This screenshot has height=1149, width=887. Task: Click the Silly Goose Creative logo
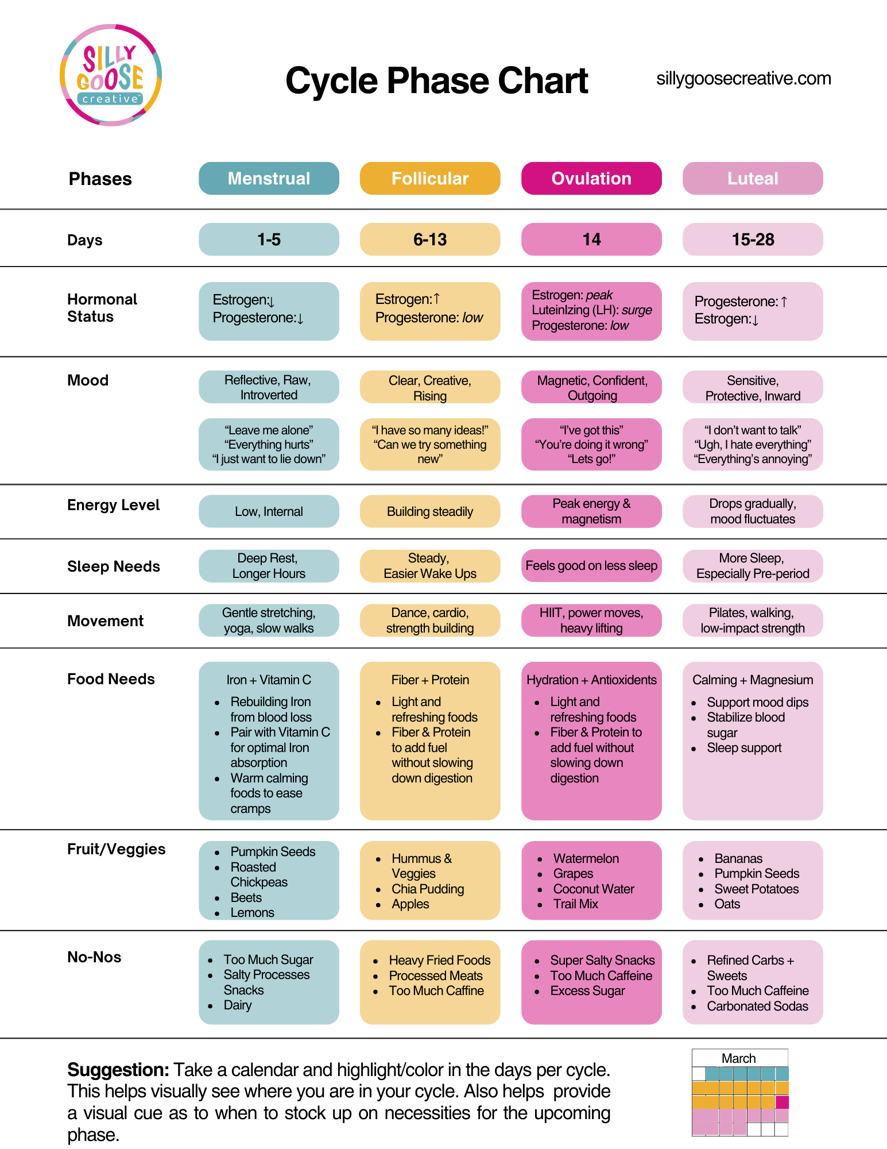click(110, 75)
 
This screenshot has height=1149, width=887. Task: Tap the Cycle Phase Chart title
click(436, 80)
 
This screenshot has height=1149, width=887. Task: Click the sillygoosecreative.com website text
click(743, 79)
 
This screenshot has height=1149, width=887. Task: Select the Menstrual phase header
click(269, 179)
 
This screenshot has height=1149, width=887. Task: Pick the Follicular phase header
click(430, 179)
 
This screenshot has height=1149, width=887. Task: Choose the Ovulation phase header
click(591, 179)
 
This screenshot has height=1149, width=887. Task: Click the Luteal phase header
click(753, 179)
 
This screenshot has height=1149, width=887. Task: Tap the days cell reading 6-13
click(430, 240)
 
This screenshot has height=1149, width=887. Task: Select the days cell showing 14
click(591, 240)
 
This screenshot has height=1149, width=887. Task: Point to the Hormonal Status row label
click(102, 308)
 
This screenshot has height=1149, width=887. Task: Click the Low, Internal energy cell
click(269, 511)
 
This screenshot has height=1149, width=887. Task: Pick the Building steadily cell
click(430, 511)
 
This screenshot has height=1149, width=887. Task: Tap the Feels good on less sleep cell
click(591, 566)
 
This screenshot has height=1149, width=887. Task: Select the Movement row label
click(106, 621)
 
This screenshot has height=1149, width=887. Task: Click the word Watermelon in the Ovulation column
click(586, 858)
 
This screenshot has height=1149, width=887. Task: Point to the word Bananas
click(738, 858)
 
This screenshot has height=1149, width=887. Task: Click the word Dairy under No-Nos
click(238, 1005)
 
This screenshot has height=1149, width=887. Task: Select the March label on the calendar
click(738, 1058)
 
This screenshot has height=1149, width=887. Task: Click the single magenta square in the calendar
click(782, 1102)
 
